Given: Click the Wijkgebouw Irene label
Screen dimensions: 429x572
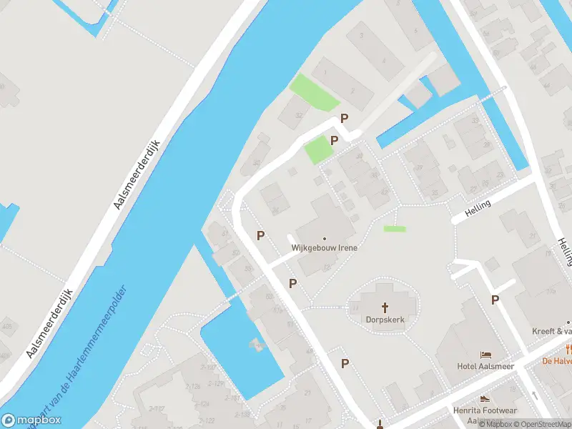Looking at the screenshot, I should coord(324,247).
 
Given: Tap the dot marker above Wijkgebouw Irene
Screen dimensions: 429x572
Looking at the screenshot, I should coord(325,238).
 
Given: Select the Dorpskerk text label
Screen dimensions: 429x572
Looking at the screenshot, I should coord(385,320).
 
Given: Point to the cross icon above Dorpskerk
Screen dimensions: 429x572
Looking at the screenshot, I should coord(385,307).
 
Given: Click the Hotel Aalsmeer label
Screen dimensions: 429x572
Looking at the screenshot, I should coord(486,367).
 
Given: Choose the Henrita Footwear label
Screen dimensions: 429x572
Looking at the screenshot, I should coord(484,410).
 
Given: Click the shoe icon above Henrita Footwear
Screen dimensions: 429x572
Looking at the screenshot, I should coord(485,399).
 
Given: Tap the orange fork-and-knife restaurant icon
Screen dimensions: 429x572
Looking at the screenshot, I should coord(568,349).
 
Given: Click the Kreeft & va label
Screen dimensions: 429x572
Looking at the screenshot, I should coord(552,331).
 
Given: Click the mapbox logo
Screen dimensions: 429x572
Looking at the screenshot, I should coord(31,420).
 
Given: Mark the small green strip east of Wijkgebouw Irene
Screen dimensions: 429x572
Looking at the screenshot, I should coord(395,229).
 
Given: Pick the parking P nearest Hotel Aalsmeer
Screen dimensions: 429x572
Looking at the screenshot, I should coord(495,300).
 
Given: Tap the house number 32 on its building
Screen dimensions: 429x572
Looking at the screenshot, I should coord(298,115).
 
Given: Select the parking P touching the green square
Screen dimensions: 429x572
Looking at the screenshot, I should coord(334,140).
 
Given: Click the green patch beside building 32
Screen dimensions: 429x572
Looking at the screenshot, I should coord(314,93).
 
